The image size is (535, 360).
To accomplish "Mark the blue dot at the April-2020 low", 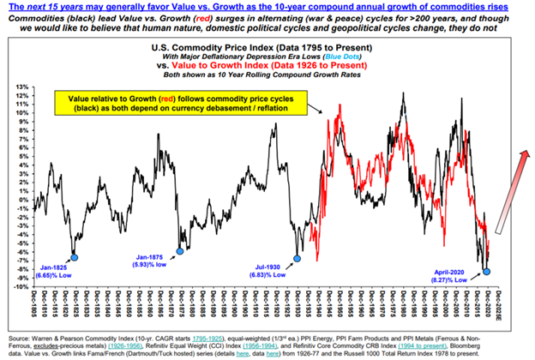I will [487, 271].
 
